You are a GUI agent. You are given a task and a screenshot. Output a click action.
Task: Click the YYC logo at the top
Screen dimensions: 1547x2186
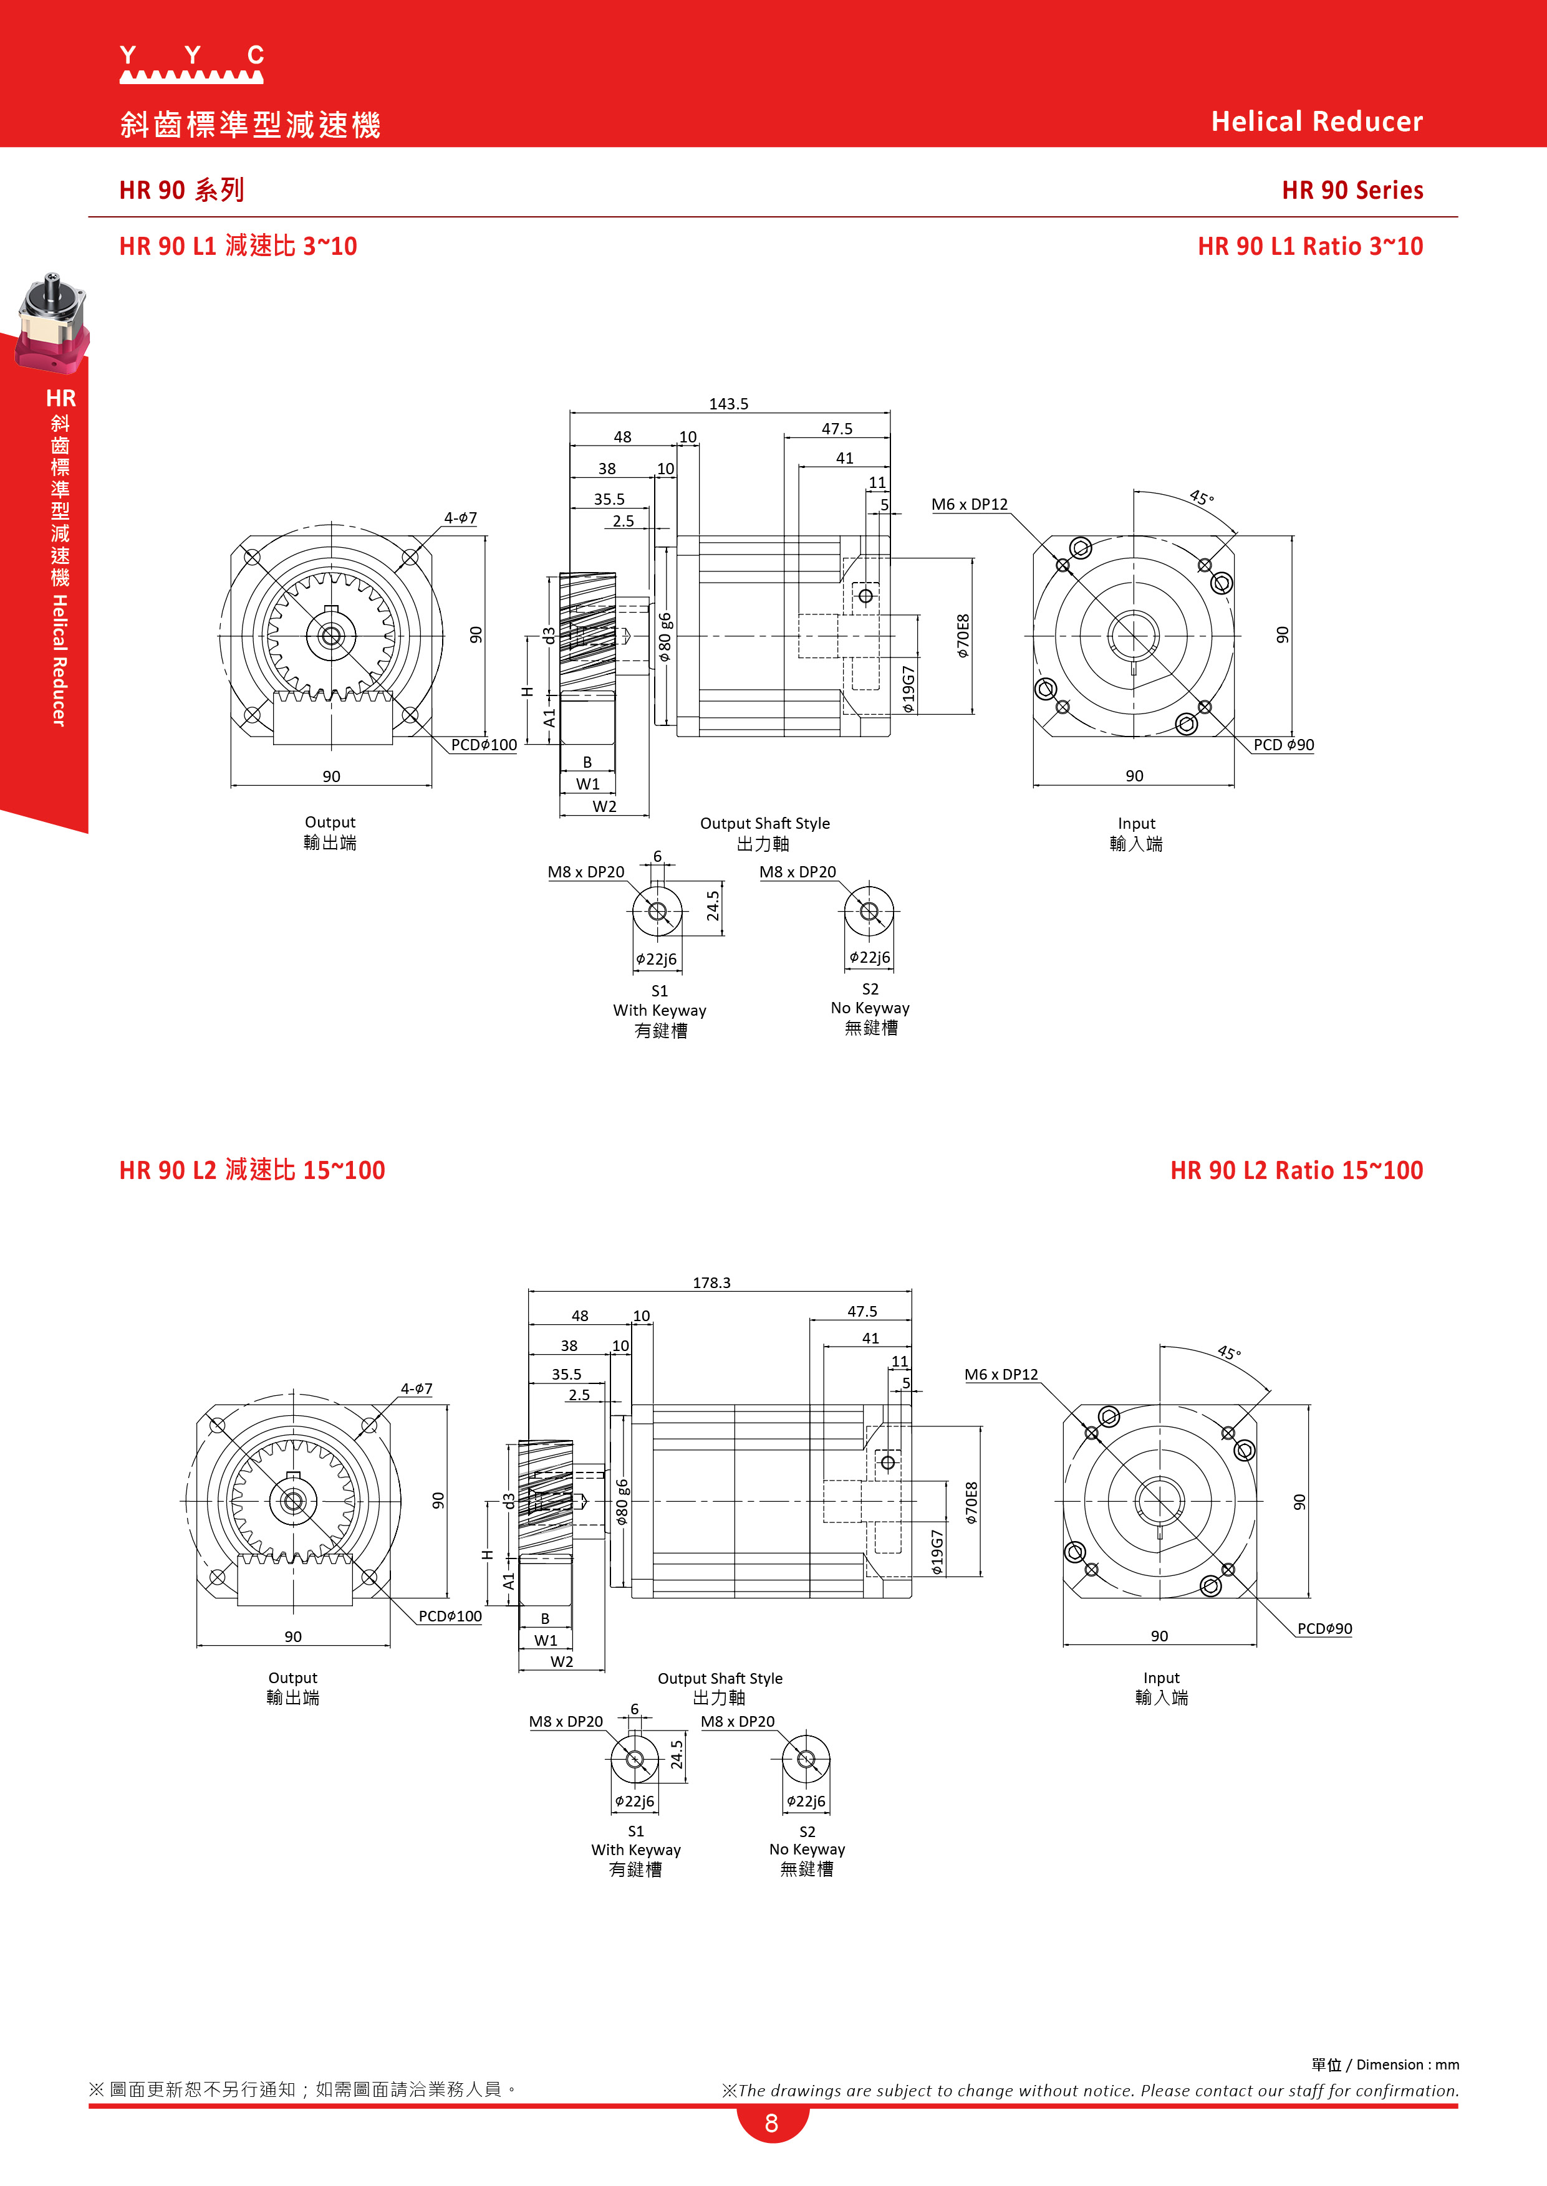pyautogui.click(x=191, y=64)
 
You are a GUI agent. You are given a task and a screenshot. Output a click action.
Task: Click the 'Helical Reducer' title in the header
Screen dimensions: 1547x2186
pyautogui.click(x=1316, y=122)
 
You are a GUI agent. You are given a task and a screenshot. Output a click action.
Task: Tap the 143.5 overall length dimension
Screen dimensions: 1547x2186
pyautogui.click(x=729, y=404)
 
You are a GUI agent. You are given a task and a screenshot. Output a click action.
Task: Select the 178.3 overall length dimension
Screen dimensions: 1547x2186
pyautogui.click(x=711, y=1282)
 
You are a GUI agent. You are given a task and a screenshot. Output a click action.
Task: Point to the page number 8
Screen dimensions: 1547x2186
pyautogui.click(x=771, y=2122)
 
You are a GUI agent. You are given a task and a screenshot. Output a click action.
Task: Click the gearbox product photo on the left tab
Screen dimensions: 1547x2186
pyautogui.click(x=52, y=323)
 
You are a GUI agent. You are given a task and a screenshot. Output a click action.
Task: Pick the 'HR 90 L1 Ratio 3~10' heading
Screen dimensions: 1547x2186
pyautogui.click(x=1310, y=247)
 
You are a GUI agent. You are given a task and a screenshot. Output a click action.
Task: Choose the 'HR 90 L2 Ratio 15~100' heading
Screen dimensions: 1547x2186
pyautogui.click(x=1296, y=1170)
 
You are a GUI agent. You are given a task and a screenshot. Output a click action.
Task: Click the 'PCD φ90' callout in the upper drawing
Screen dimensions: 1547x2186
pyautogui.click(x=1283, y=745)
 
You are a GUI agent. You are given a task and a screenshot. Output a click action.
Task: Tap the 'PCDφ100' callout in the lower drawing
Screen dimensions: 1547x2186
pyautogui.click(x=451, y=1616)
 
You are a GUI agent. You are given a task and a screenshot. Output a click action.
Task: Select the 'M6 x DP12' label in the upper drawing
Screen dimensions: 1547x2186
pyautogui.click(x=969, y=505)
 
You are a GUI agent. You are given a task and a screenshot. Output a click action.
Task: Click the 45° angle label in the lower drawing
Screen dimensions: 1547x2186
pyautogui.click(x=1229, y=1353)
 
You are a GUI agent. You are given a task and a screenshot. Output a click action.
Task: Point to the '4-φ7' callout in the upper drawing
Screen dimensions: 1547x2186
pyautogui.click(x=460, y=518)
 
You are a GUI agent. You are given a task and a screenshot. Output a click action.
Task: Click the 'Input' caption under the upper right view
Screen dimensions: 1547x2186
pyautogui.click(x=1137, y=824)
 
